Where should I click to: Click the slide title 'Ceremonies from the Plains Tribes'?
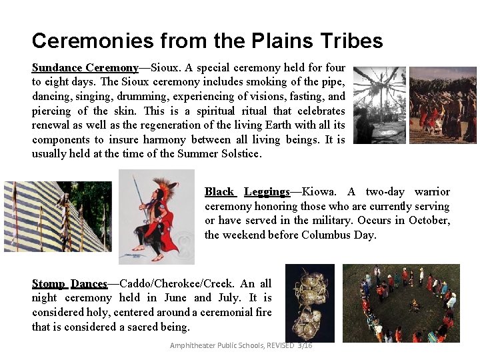[207, 41]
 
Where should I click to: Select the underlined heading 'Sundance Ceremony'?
[85, 68]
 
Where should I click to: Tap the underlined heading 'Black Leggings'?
[247, 192]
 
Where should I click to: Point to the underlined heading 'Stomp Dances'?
[69, 283]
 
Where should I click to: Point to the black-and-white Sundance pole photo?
[379, 105]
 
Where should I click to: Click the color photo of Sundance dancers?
[442, 105]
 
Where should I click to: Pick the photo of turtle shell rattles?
[309, 303]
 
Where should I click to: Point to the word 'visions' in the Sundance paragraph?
[232, 97]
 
